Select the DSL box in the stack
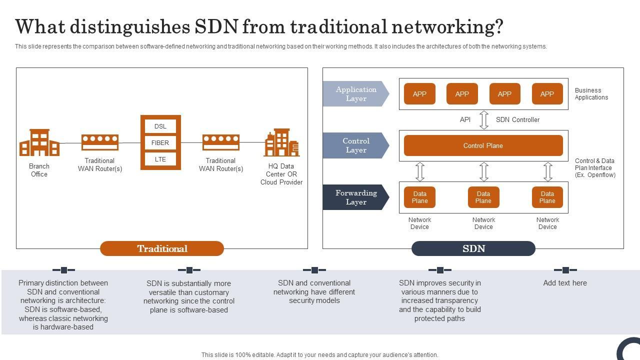click(x=160, y=126)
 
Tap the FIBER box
click(x=160, y=143)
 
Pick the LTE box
click(x=160, y=159)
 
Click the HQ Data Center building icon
click(x=281, y=143)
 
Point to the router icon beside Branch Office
click(x=100, y=142)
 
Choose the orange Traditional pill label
click(x=162, y=248)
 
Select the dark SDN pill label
click(x=473, y=248)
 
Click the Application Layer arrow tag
click(x=355, y=94)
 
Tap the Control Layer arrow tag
click(x=355, y=145)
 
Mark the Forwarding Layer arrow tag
click(x=355, y=197)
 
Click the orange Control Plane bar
click(x=483, y=145)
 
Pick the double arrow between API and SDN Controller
click(x=483, y=120)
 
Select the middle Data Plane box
click(x=483, y=197)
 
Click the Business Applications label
click(x=591, y=94)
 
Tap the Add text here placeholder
click(x=565, y=283)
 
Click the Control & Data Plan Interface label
click(x=595, y=168)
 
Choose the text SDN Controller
click(x=517, y=120)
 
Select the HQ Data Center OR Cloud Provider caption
click(x=281, y=174)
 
